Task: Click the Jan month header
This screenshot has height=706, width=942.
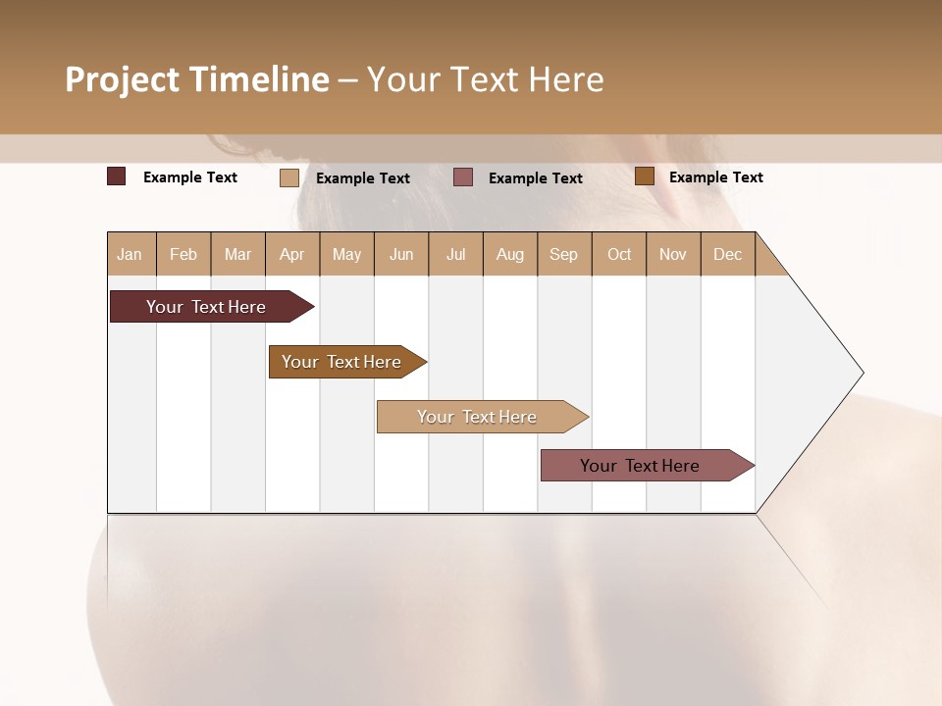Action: [131, 254]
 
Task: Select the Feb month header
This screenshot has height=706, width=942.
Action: [183, 254]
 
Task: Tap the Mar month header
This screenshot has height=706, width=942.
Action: [237, 254]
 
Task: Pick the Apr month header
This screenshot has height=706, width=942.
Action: [292, 254]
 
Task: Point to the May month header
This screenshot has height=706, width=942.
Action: [346, 254]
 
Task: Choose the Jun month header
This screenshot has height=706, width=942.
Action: [401, 254]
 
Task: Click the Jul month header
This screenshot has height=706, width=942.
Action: [455, 254]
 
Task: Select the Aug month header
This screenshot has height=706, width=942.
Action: [510, 254]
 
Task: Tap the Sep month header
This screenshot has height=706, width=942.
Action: [564, 254]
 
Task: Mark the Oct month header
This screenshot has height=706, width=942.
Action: [619, 254]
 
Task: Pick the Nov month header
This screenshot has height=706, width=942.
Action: [673, 254]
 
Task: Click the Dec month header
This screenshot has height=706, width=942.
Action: [727, 254]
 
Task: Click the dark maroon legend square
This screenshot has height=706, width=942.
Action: [117, 176]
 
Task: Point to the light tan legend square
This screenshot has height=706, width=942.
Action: [289, 177]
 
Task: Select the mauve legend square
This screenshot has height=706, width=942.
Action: [463, 177]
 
